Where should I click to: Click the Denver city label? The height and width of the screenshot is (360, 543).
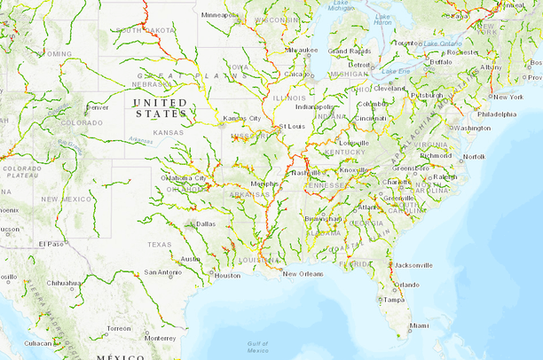98,107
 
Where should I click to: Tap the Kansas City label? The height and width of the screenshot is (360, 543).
242,118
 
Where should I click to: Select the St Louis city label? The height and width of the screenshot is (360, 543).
294,127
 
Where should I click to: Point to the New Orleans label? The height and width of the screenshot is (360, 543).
303,274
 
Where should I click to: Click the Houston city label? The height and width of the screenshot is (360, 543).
227,275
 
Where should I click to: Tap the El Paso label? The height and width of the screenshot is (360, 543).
51,243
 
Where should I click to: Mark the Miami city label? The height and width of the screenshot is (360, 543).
418,325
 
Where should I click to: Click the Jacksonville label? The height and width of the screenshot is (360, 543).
414,264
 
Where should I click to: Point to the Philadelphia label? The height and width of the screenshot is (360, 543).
496,114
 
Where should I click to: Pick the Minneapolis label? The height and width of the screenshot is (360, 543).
220,15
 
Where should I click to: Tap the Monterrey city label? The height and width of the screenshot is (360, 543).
161,338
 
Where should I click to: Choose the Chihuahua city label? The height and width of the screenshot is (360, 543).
64,283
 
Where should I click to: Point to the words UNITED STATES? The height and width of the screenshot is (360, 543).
160,108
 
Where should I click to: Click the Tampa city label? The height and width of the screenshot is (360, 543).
395,299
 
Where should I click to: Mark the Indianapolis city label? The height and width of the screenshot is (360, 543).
314,106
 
